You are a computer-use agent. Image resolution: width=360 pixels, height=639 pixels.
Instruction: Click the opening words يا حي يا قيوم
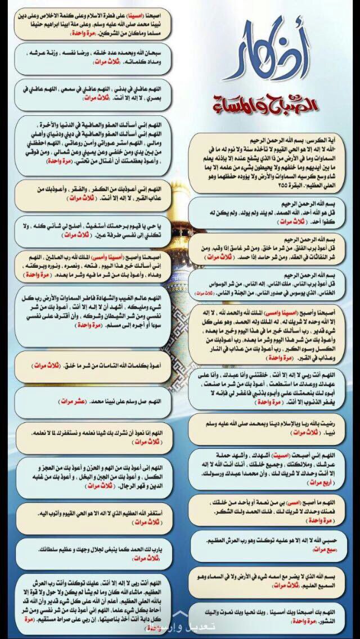tap(160, 227)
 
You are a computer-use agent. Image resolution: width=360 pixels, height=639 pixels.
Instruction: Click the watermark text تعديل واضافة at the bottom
tap(180, 628)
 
